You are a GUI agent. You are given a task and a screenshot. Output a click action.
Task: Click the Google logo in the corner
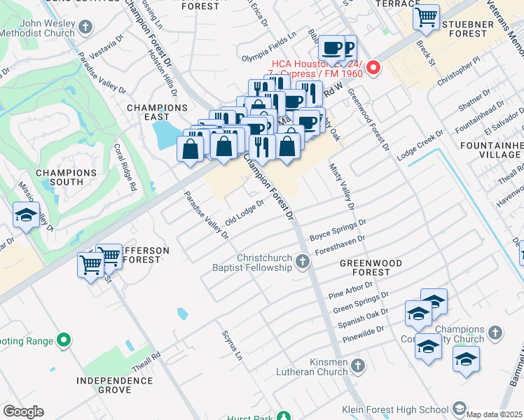point(24,412)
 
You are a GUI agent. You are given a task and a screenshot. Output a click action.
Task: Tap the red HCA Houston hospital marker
point(373,68)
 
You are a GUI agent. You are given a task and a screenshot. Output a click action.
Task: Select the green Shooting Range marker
point(64,341)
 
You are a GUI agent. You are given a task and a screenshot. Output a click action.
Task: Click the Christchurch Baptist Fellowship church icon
point(303,262)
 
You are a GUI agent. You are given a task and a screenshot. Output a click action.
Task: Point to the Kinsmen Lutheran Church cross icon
point(357,365)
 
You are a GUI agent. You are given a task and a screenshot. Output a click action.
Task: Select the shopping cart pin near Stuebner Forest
point(425,17)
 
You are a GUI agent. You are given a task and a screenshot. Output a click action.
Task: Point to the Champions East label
point(157,113)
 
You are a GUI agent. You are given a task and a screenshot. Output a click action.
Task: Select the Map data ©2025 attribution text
point(494,413)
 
